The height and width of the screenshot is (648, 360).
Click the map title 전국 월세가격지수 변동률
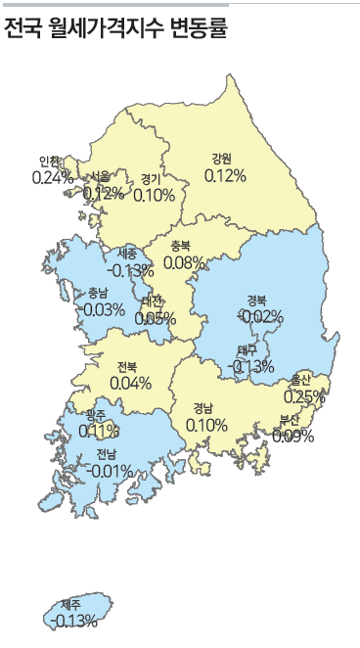click(x=115, y=29)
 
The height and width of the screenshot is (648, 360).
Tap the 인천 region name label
click(x=50, y=162)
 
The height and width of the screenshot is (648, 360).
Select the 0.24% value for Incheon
click(x=53, y=177)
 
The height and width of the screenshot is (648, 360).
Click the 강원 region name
click(x=222, y=159)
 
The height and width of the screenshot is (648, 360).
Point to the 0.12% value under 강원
click(x=225, y=175)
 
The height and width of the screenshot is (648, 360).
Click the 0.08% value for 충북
click(x=184, y=262)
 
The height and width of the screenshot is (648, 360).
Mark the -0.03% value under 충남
click(x=103, y=309)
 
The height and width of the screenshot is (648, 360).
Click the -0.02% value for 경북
click(x=260, y=316)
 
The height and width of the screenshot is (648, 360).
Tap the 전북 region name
click(x=127, y=366)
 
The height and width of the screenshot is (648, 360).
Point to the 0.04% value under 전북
click(x=130, y=383)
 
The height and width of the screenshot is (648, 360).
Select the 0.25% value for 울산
click(x=304, y=396)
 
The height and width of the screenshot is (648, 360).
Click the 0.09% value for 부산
click(x=292, y=436)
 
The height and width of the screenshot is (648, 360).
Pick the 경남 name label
click(x=203, y=408)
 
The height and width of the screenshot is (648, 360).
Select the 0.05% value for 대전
click(x=155, y=317)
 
